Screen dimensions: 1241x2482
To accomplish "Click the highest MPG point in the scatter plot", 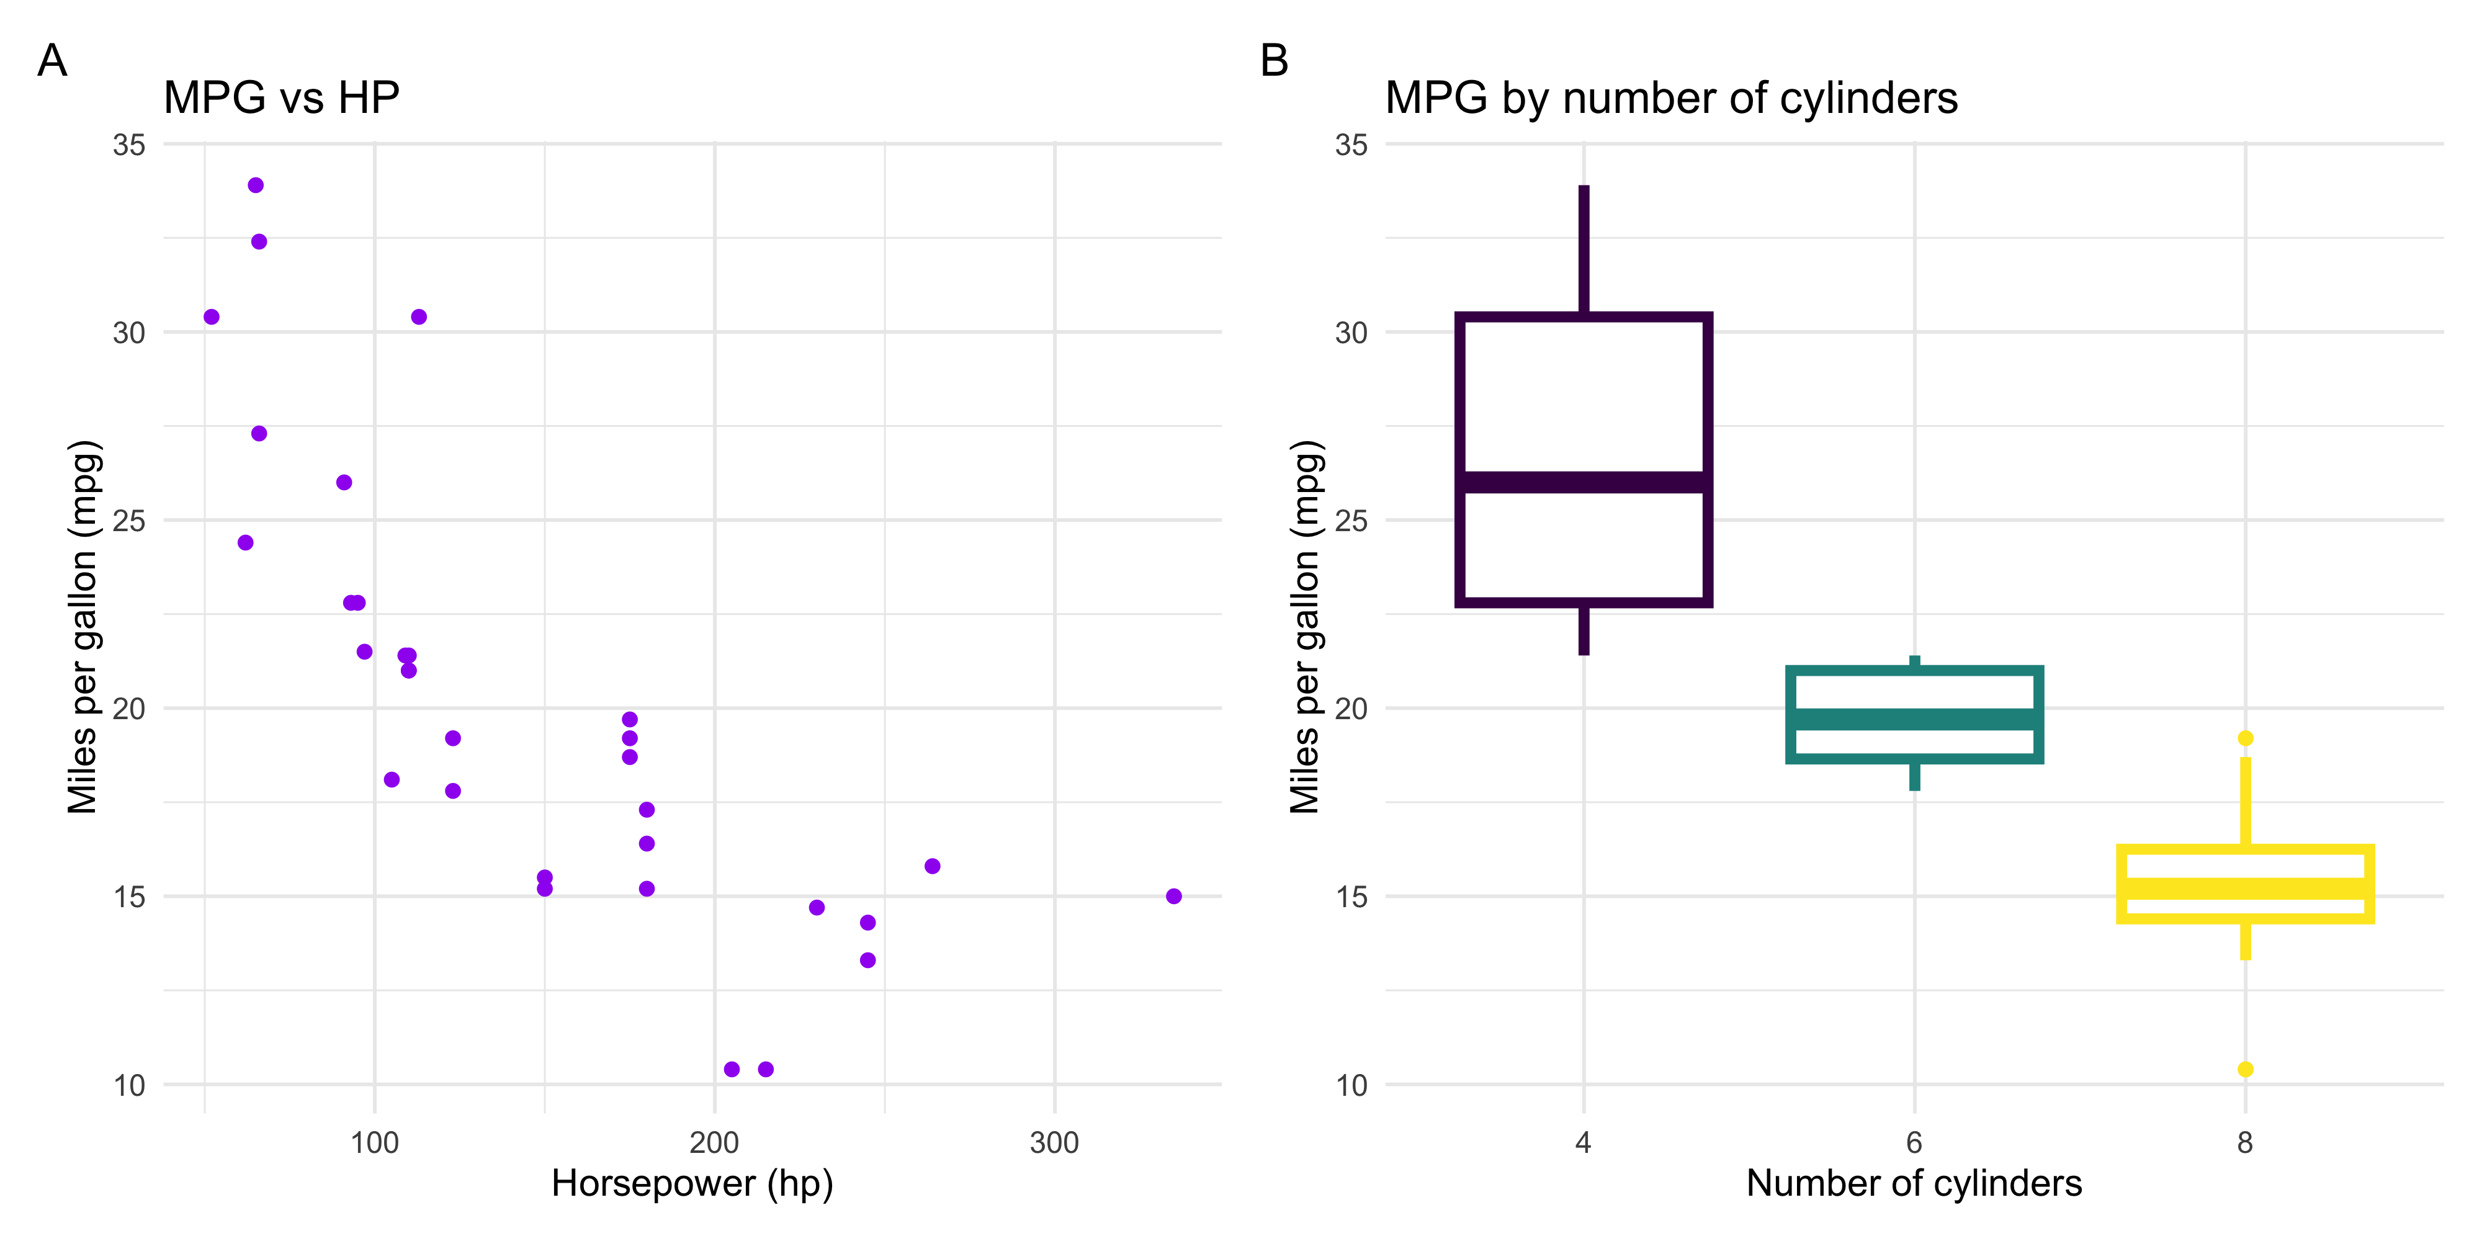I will (x=255, y=185).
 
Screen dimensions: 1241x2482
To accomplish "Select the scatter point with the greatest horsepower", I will (x=1173, y=896).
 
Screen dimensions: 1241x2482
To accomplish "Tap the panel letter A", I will (x=52, y=61).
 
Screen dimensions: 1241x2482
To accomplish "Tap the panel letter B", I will (x=1274, y=61).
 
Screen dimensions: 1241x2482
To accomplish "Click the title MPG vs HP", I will (x=281, y=97).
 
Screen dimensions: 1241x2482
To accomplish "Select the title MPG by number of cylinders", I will (x=1671, y=97).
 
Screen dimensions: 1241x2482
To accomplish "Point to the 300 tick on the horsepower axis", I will (x=1054, y=1143).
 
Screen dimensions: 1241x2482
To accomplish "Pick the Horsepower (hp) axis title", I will (x=692, y=1183).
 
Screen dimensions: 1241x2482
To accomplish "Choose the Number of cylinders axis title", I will (x=1914, y=1183).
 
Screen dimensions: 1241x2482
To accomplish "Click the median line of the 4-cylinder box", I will (x=1583, y=482).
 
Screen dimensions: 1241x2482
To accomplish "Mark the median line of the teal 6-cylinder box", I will (x=1914, y=719).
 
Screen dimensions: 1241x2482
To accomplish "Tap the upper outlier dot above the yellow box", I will (x=2245, y=738).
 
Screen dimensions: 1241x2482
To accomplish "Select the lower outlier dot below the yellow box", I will (x=2245, y=1069).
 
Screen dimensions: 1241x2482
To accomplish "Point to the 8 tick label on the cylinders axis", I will (x=2245, y=1143).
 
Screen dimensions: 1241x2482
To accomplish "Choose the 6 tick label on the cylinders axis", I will (x=1914, y=1143).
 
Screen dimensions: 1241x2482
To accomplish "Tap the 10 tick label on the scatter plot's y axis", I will (x=129, y=1086).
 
